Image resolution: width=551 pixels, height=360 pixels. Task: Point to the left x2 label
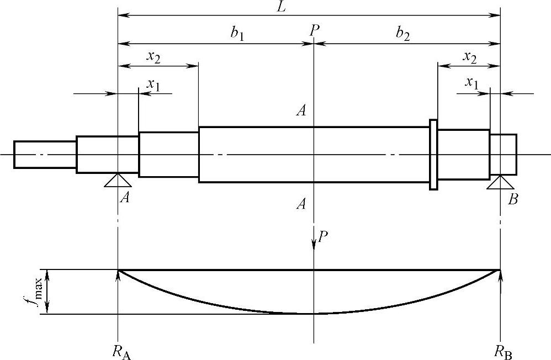coord(154,56)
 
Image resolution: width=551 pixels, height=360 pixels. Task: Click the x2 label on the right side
coord(470,56)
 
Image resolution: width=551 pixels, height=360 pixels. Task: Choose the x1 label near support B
coord(471,83)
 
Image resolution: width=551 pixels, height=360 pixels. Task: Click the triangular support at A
coord(118,180)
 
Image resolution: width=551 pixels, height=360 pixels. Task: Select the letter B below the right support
coord(513,199)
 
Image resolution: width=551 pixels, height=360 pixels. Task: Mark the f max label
coord(40,292)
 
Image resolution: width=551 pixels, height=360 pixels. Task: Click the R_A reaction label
coord(121,351)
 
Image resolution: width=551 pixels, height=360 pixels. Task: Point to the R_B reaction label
coord(503,351)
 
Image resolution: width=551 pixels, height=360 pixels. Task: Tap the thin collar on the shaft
coord(433,155)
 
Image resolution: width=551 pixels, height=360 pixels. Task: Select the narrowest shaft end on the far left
coord(45,155)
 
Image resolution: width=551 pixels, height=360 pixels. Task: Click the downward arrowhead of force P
coord(314,243)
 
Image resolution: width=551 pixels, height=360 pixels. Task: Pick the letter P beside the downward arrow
coord(324,237)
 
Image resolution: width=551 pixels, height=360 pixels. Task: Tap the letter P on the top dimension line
coord(314,30)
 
